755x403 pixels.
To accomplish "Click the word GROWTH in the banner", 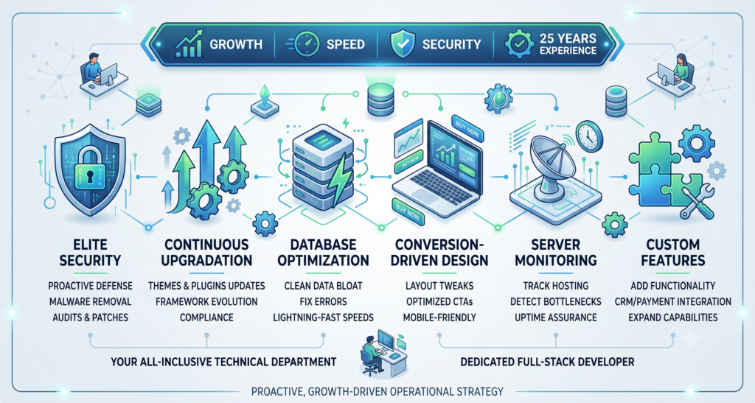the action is (x=236, y=45).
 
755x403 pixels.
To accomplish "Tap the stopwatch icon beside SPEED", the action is (x=305, y=44).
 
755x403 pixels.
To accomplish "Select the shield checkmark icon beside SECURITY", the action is (x=402, y=43).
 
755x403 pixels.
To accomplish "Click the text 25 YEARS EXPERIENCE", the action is (x=568, y=44).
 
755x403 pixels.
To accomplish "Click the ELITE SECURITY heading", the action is (x=90, y=253).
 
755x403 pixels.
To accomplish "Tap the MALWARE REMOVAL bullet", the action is (x=90, y=301).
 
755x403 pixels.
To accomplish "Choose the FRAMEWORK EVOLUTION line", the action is (x=206, y=301).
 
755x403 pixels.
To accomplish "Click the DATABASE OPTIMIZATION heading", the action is (x=323, y=253).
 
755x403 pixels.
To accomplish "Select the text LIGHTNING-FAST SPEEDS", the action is (x=323, y=318).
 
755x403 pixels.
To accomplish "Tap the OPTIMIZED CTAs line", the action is (x=439, y=301).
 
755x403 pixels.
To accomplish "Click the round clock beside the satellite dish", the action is (x=589, y=136).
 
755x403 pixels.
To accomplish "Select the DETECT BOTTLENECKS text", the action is (x=556, y=301).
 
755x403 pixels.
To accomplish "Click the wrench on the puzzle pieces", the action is (x=696, y=202).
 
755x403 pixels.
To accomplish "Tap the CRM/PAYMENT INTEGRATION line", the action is (x=672, y=301).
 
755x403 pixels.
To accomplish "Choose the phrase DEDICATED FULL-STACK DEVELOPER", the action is (x=547, y=362).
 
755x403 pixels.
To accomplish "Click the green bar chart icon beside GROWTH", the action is (x=188, y=43).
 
